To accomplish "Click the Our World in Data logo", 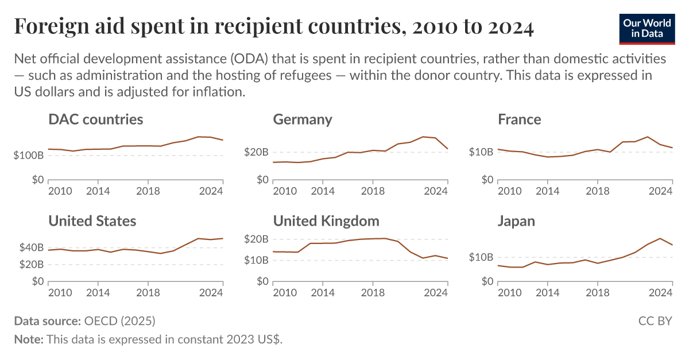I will [647, 28].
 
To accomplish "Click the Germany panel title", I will [303, 119].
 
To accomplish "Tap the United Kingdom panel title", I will [326, 221].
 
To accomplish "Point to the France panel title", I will [520, 119].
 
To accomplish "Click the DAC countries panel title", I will [96, 119].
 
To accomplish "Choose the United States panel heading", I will [92, 221].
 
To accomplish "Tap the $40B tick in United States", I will [31, 247].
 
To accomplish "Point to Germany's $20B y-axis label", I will [256, 152].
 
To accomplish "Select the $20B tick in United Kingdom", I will [256, 239].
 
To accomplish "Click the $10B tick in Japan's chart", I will [481, 257].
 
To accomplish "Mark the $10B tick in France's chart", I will [481, 152].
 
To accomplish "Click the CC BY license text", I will [655, 320].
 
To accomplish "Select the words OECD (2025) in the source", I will [119, 320].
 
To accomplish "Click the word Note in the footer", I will [27, 339].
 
